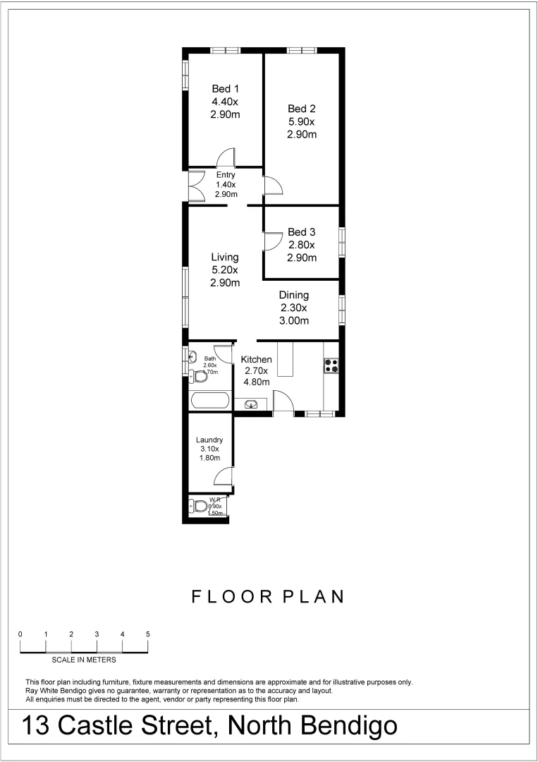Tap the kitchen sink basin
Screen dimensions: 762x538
[x=251, y=404]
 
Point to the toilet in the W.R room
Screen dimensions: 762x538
[x=200, y=506]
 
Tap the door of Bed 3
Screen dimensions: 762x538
[x=272, y=241]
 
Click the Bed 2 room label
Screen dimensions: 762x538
[x=301, y=121]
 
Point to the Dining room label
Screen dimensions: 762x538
[x=293, y=308]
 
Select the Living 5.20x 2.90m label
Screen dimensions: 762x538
[x=225, y=270]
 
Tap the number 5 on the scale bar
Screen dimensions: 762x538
[x=148, y=634]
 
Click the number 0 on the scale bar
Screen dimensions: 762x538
[x=20, y=634]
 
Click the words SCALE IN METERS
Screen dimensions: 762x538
[x=84, y=660]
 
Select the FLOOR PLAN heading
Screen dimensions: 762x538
[x=269, y=597]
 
